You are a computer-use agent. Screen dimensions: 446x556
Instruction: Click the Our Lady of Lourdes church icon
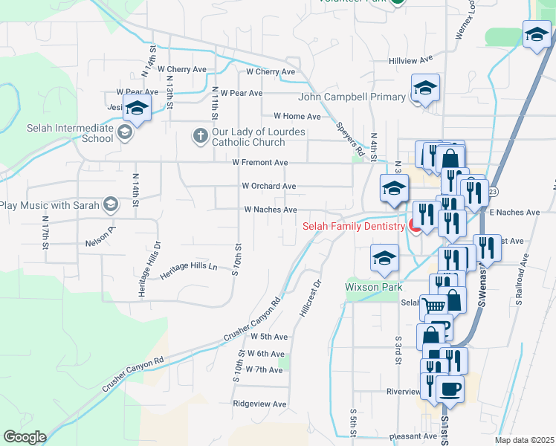click(x=200, y=135)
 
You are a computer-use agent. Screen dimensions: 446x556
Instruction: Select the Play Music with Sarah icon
click(x=111, y=204)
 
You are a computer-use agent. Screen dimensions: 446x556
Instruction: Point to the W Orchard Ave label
click(x=268, y=187)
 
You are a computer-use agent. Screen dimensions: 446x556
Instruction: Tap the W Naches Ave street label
click(x=271, y=210)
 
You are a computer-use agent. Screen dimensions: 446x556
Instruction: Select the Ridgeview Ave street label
click(x=259, y=404)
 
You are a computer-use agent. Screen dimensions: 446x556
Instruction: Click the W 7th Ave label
click(x=264, y=369)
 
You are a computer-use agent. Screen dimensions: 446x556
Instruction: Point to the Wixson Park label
click(x=373, y=287)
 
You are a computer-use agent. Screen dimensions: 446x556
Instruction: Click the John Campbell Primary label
click(x=352, y=97)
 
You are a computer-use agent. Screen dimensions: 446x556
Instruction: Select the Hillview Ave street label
click(x=410, y=60)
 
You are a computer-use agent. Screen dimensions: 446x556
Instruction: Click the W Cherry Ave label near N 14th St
click(x=181, y=69)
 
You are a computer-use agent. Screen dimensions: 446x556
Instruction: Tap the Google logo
click(x=25, y=437)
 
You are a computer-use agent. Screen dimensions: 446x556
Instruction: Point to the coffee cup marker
click(x=449, y=387)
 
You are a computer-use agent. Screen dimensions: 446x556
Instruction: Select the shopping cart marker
click(x=433, y=305)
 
